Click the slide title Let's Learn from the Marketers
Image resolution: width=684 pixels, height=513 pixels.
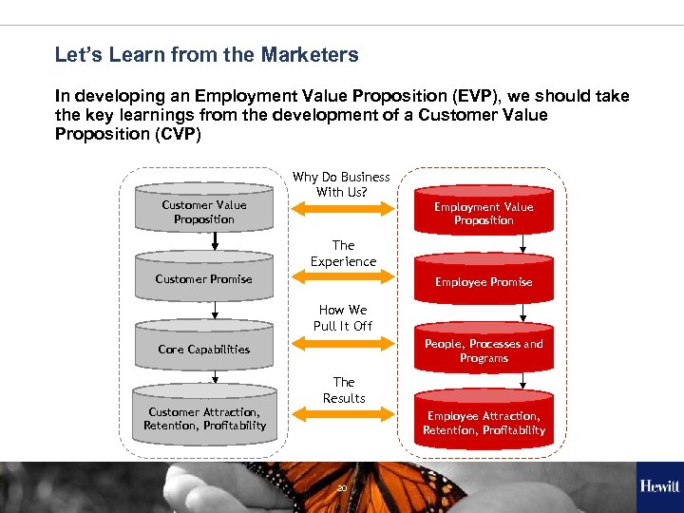[x=206, y=55]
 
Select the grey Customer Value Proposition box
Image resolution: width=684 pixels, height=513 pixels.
[x=203, y=212]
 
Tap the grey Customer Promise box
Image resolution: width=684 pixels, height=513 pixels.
[x=203, y=278]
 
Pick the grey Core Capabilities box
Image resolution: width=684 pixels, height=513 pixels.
[x=203, y=349]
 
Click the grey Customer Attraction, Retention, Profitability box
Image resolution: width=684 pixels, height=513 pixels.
[x=203, y=419]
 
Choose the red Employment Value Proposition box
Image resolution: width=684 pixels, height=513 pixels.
[x=484, y=214]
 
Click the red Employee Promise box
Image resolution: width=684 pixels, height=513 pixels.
[x=484, y=282]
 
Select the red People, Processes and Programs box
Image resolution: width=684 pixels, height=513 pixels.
[x=484, y=351]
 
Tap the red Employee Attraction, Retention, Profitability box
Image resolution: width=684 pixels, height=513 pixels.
[x=484, y=424]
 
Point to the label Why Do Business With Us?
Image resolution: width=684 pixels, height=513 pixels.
[x=341, y=184]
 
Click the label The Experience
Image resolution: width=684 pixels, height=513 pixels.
[x=343, y=253]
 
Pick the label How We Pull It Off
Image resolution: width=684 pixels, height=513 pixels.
[x=343, y=317]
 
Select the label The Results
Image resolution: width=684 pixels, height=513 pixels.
[x=343, y=389]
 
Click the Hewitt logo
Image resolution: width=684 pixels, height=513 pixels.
[x=658, y=486]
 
